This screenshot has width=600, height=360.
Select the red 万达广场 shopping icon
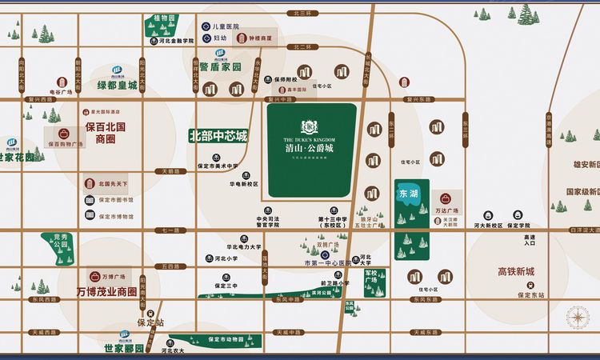coord(445,198)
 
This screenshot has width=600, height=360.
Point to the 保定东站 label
coord(530,294)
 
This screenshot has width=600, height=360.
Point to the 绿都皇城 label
coord(118,85)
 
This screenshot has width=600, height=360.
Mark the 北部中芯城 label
coord(218,136)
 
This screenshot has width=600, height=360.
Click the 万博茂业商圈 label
coord(106,292)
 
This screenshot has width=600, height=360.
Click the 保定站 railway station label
coord(150,323)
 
